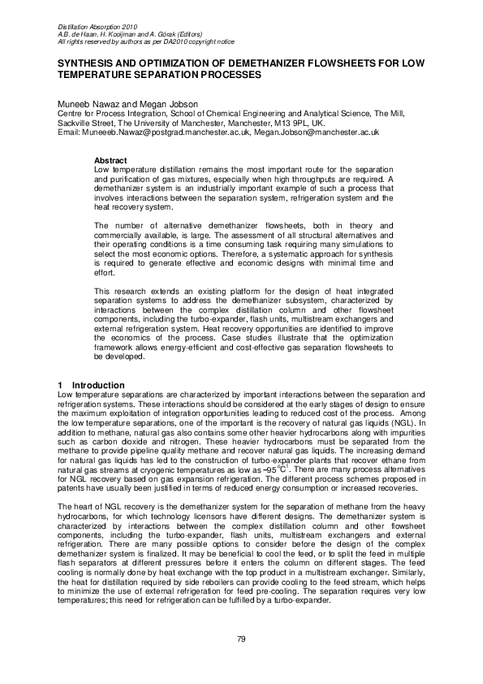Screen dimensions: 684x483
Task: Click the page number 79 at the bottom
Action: click(x=241, y=639)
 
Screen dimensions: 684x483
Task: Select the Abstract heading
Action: click(x=110, y=160)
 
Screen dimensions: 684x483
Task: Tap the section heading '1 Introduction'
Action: click(x=90, y=384)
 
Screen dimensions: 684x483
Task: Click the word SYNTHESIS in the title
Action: click(x=83, y=63)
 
